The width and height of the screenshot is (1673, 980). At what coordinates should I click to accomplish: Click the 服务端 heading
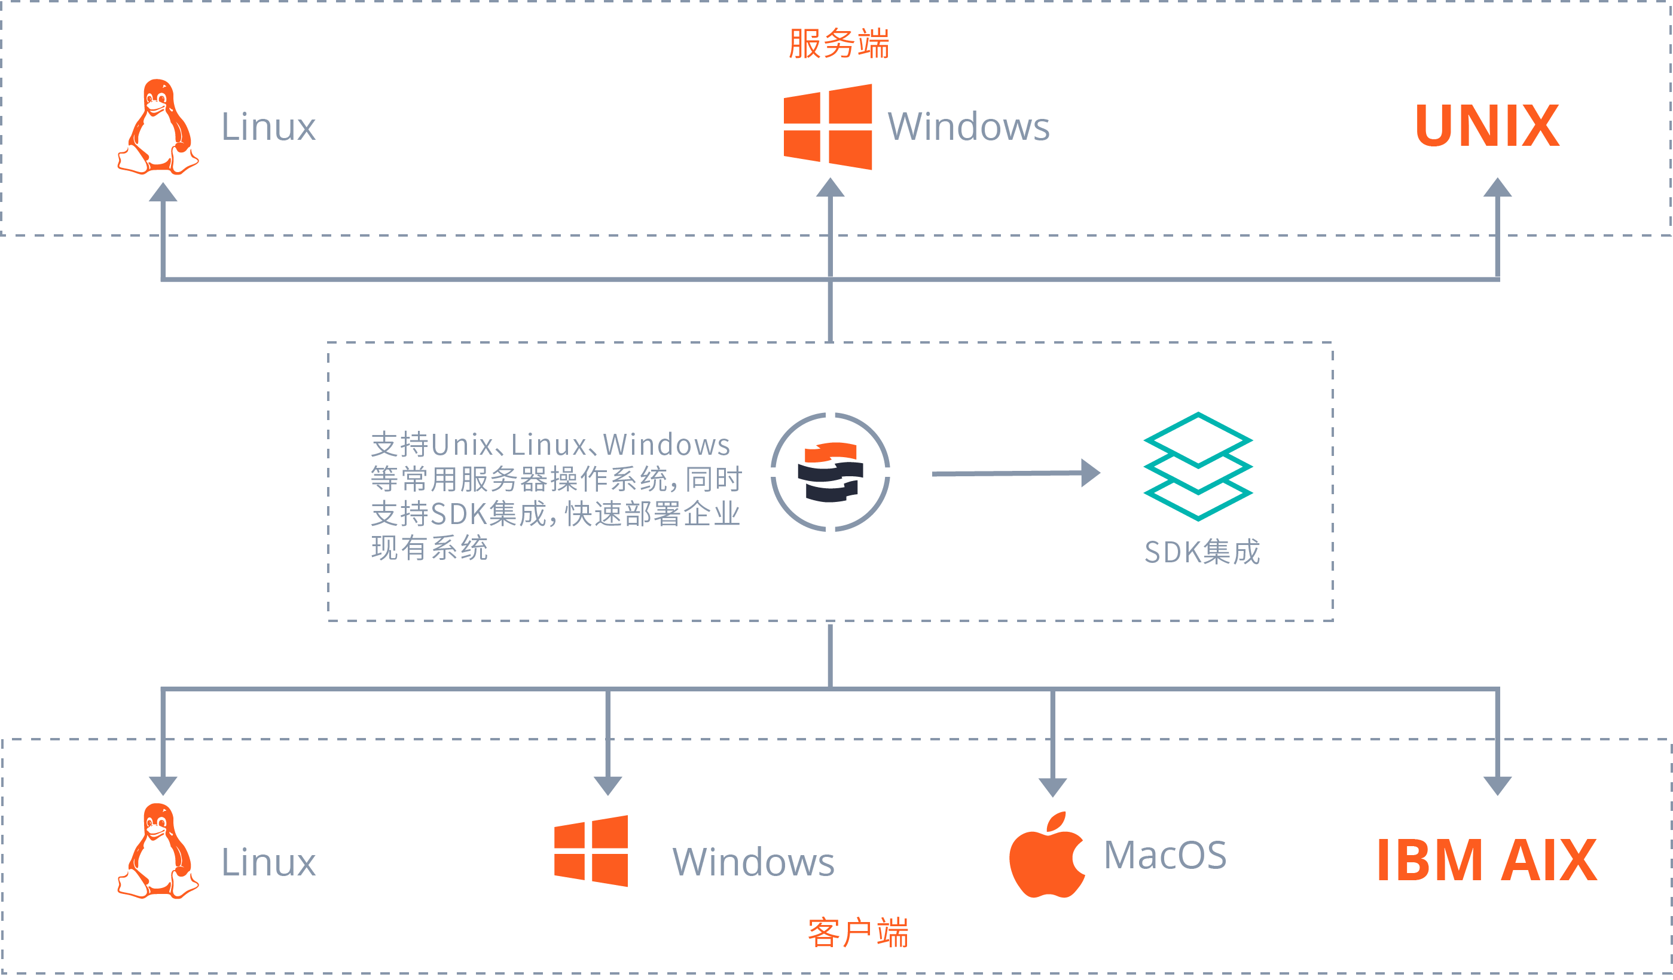838,44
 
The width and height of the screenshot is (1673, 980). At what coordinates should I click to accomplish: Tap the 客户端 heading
858,933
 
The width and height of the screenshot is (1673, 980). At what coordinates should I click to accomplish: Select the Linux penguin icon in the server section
158,127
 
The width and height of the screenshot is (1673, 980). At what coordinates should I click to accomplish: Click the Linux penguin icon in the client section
158,852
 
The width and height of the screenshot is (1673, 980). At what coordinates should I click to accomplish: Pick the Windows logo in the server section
828,127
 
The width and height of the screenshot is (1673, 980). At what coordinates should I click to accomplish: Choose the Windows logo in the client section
591,852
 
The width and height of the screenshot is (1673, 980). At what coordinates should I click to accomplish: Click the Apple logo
1047,856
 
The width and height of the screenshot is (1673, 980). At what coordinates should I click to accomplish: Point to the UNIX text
1487,126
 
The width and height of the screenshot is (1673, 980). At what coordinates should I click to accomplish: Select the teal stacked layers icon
1198,467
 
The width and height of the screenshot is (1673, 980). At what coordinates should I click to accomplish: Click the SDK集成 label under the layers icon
1202,552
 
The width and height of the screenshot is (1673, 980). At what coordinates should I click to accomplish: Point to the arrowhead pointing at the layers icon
1090,473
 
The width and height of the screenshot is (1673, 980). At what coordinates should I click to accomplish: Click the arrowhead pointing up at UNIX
1498,188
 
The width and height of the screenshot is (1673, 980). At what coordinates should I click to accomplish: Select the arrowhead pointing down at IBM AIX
1498,785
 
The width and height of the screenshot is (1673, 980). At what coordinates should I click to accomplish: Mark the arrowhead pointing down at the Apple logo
1052,787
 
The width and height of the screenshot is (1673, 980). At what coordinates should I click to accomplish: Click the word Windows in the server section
969,127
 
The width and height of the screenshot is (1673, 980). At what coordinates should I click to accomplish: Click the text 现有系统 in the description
429,548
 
